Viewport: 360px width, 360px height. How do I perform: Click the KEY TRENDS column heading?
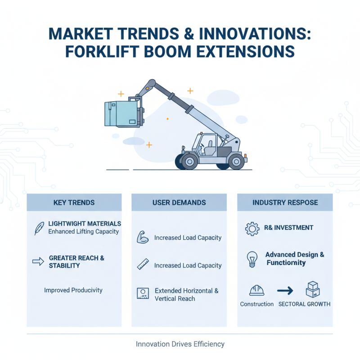click(74, 202)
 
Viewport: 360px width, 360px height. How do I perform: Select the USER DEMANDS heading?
click(179, 202)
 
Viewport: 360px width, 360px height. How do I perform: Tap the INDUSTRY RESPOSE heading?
click(285, 202)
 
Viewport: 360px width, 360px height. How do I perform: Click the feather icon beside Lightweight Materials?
click(39, 228)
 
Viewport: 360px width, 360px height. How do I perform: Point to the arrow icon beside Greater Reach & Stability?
click(38, 261)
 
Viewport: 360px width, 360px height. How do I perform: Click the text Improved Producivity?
click(73, 290)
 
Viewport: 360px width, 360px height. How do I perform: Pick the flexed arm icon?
click(142, 237)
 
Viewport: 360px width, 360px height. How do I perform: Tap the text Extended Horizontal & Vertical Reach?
click(186, 295)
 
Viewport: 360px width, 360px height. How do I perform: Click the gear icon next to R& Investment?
click(252, 229)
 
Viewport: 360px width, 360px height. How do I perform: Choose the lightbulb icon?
click(252, 259)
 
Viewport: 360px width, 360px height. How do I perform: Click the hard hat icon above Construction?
click(256, 290)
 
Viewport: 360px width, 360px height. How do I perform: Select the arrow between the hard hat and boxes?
click(285, 290)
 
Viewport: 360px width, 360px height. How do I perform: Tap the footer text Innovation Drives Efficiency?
click(180, 344)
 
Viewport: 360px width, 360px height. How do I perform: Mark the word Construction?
click(256, 304)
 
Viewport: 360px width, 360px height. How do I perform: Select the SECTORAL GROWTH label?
click(304, 304)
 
